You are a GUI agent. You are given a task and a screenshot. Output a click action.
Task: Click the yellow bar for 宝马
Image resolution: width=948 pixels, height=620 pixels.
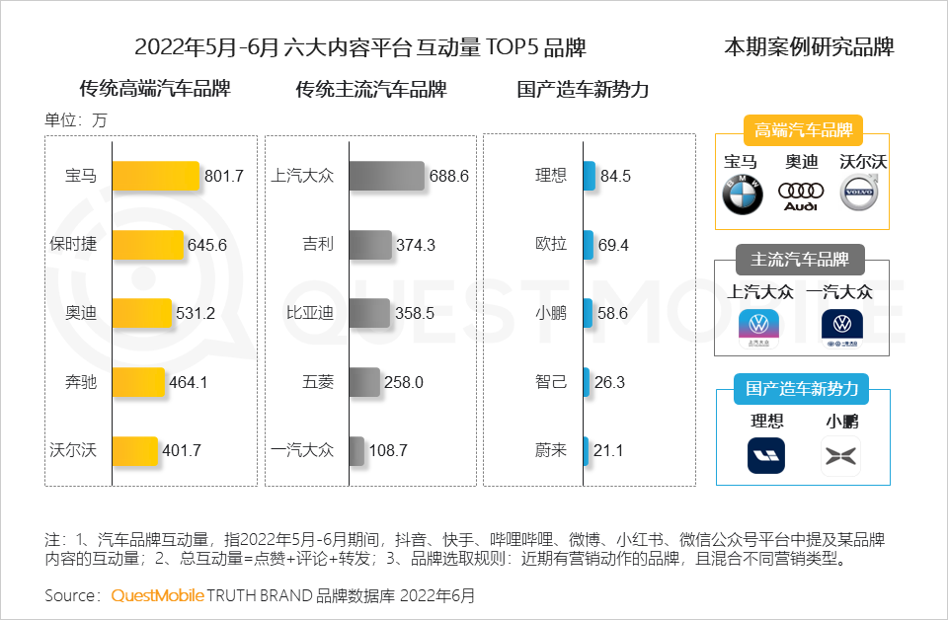coord(156,176)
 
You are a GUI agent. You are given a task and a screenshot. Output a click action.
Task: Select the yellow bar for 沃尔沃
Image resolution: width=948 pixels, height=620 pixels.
coord(135,450)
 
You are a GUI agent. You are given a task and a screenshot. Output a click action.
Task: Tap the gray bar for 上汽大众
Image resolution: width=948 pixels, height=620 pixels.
coord(386,176)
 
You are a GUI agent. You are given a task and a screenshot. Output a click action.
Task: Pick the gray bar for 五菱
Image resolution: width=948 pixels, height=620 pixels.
coord(364,382)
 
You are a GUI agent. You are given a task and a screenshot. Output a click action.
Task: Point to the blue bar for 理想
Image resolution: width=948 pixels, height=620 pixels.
coord(589,176)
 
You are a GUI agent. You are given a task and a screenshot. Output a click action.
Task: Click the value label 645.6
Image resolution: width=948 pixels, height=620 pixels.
coord(207,245)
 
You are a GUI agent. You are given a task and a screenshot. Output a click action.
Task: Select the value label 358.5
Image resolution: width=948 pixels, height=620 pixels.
coord(415,314)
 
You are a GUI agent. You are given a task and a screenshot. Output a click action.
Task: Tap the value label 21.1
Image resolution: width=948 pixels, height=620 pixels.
coord(608,450)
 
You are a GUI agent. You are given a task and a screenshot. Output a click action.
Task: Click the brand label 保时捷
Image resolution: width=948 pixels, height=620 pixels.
coord(74,245)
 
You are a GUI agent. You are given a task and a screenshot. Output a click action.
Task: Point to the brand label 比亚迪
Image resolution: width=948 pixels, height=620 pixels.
coord(310,314)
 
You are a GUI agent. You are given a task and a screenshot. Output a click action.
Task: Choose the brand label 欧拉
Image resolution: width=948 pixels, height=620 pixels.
coord(551,245)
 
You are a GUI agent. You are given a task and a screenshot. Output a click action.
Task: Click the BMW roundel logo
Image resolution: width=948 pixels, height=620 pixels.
coord(743,194)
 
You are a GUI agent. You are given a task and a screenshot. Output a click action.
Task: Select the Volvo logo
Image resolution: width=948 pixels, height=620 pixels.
coord(859,194)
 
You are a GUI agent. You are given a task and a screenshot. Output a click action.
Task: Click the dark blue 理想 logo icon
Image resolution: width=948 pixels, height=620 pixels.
coord(766,456)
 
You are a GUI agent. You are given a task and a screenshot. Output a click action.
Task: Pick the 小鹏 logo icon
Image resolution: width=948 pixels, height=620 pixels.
coord(841,456)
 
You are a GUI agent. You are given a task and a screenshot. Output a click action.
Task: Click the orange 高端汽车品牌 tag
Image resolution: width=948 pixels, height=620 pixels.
coord(802,130)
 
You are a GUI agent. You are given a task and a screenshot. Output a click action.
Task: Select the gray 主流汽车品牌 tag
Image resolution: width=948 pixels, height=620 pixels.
coord(800,260)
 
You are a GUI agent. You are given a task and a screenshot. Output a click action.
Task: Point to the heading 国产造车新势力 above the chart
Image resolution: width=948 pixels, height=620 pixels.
coord(583,89)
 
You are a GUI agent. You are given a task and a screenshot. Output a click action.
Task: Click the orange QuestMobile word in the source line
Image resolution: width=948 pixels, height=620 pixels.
coord(157,595)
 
